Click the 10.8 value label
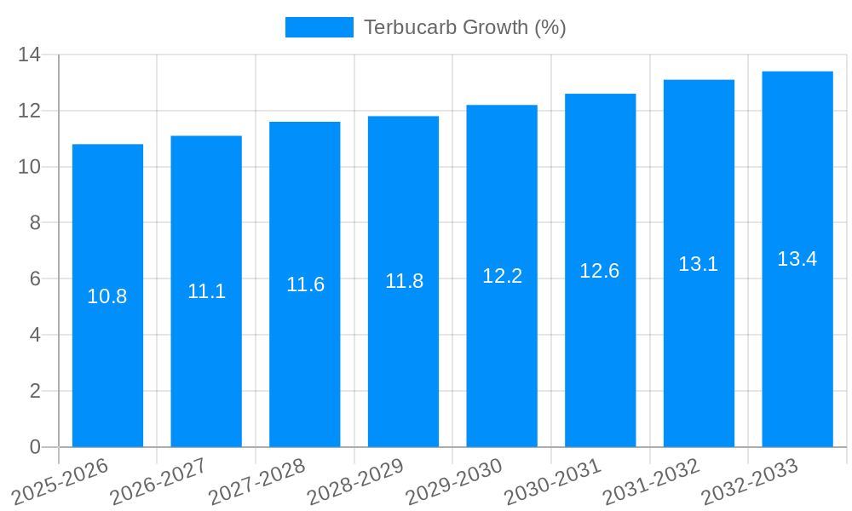tap(107, 296)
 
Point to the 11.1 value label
tap(206, 291)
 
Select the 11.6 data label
tap(305, 284)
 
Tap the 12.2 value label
tap(502, 276)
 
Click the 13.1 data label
tap(699, 264)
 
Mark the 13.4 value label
tap(797, 259)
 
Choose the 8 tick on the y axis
tap(35, 223)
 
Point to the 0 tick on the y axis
tap(35, 447)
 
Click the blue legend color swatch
tap(319, 27)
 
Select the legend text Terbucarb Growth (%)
tap(464, 27)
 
